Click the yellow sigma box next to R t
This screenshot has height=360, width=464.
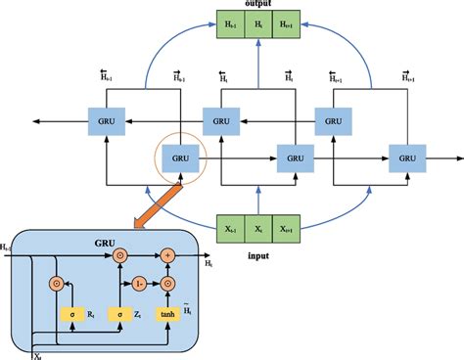(70, 314)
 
